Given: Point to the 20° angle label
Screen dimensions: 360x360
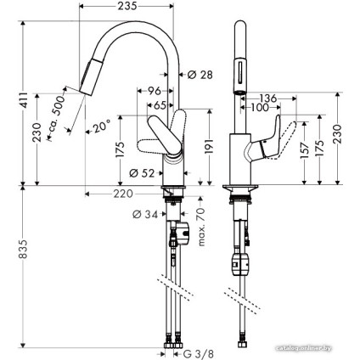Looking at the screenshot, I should pos(101,127).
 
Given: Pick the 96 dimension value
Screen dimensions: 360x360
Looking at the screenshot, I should pos(155,91).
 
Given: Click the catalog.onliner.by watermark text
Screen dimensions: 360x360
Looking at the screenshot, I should pos(312,352).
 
